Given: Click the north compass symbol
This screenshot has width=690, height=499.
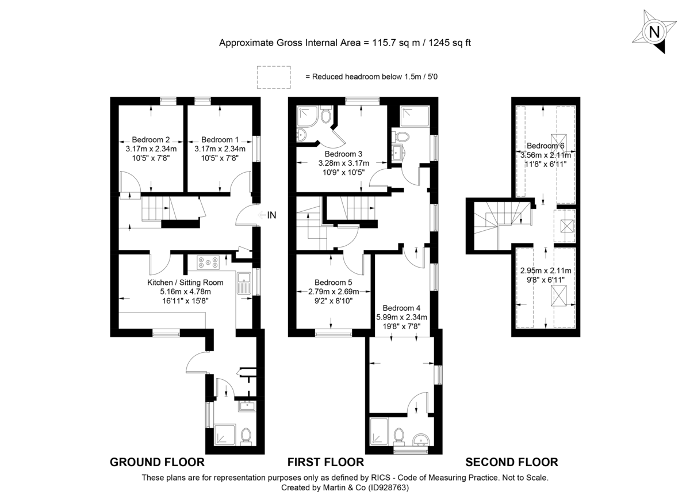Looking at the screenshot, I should (x=654, y=32).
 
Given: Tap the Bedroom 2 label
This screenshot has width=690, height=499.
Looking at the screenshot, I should (x=151, y=139).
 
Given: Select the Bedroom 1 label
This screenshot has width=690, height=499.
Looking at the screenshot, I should (x=220, y=139).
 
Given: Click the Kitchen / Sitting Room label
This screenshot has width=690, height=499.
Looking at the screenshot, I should (x=185, y=283).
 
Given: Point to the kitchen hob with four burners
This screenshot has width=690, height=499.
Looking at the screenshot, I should (x=208, y=262).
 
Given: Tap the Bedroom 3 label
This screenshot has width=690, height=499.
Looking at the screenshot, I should (x=343, y=154).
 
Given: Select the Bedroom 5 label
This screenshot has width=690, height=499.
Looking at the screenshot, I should (x=333, y=283).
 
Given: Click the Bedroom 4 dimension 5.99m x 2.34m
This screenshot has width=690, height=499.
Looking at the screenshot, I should (x=402, y=317).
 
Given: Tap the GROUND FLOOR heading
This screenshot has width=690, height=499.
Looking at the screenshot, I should (x=157, y=462).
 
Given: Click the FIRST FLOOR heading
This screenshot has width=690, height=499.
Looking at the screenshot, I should (x=325, y=462).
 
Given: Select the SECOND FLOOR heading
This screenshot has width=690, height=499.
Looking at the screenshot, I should (x=511, y=462).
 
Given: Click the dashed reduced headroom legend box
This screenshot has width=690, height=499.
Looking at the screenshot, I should (x=274, y=77).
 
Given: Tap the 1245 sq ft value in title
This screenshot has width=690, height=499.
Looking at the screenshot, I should (x=447, y=43).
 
